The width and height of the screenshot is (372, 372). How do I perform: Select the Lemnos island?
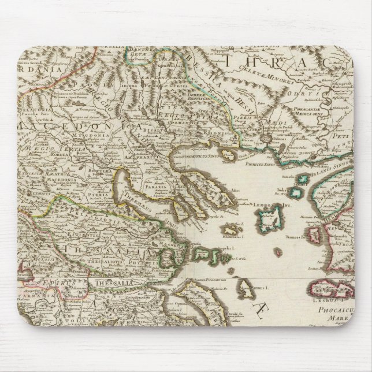click(269, 220)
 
